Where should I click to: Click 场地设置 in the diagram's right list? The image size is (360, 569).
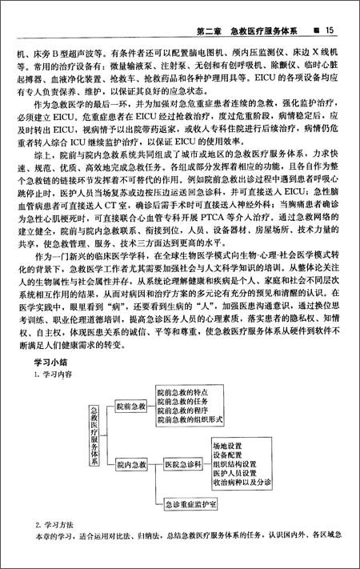click(228, 443)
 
